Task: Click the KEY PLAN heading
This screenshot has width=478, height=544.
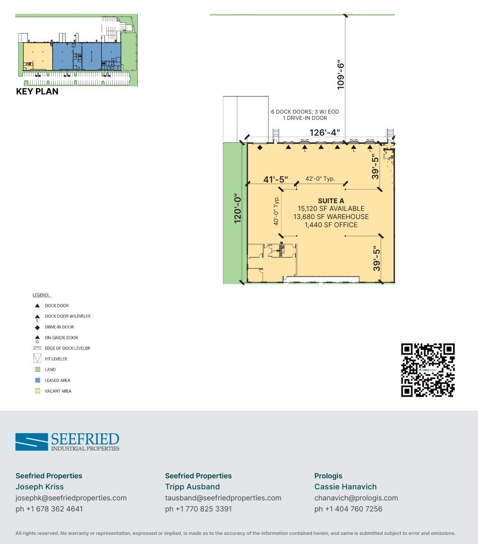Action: (x=37, y=92)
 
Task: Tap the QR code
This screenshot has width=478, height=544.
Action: (x=428, y=370)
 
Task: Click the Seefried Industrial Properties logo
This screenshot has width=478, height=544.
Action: (x=67, y=441)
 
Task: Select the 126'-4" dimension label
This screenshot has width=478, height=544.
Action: (x=325, y=132)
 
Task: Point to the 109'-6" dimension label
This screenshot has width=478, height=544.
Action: (x=341, y=74)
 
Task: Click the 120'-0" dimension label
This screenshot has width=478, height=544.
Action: (x=236, y=208)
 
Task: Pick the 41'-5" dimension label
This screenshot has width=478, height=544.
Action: (x=276, y=180)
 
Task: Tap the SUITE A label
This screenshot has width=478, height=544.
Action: (x=331, y=201)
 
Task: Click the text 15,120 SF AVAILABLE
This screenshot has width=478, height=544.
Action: (x=331, y=208)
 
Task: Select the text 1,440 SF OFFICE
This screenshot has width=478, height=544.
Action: (x=331, y=225)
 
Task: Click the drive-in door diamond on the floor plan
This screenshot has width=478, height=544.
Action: (x=260, y=148)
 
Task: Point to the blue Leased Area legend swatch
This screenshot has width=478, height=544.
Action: (x=37, y=380)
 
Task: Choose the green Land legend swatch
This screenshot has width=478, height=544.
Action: (x=37, y=370)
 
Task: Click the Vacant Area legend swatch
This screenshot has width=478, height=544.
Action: (x=37, y=391)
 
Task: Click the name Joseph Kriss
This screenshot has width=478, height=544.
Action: (x=40, y=486)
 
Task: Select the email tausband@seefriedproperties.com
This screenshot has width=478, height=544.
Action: (x=223, y=498)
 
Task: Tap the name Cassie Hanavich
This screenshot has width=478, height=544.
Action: (x=345, y=486)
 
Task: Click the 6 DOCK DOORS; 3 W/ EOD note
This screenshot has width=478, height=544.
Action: (x=305, y=112)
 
